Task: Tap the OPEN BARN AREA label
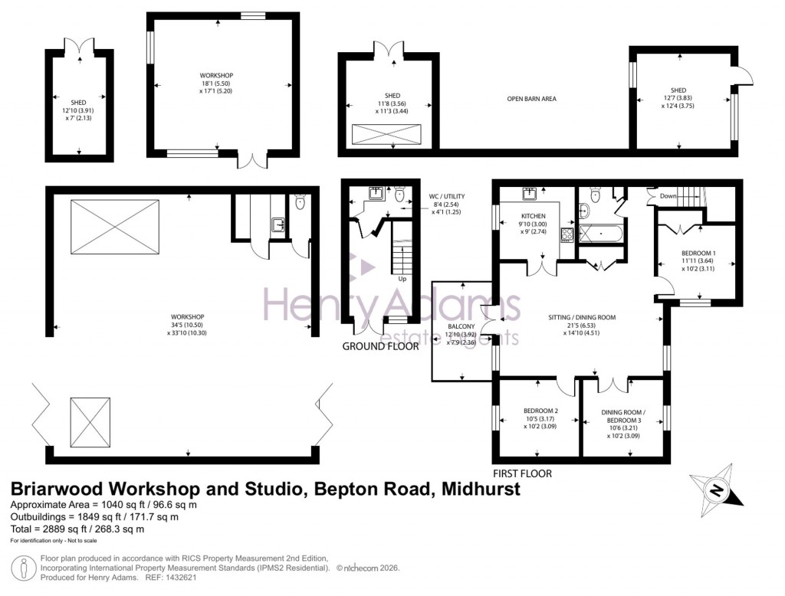click(x=531, y=99)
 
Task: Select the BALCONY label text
click(x=461, y=326)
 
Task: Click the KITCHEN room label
click(x=532, y=216)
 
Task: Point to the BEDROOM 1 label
click(x=698, y=253)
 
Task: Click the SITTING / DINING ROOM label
click(x=582, y=317)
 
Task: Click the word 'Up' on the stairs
click(x=402, y=279)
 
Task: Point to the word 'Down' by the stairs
click(x=668, y=196)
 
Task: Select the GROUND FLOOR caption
click(x=381, y=346)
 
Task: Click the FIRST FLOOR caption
click(x=522, y=473)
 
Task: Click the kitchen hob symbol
click(x=568, y=234)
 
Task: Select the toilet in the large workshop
click(x=301, y=203)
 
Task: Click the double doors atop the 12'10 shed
click(x=79, y=45)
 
